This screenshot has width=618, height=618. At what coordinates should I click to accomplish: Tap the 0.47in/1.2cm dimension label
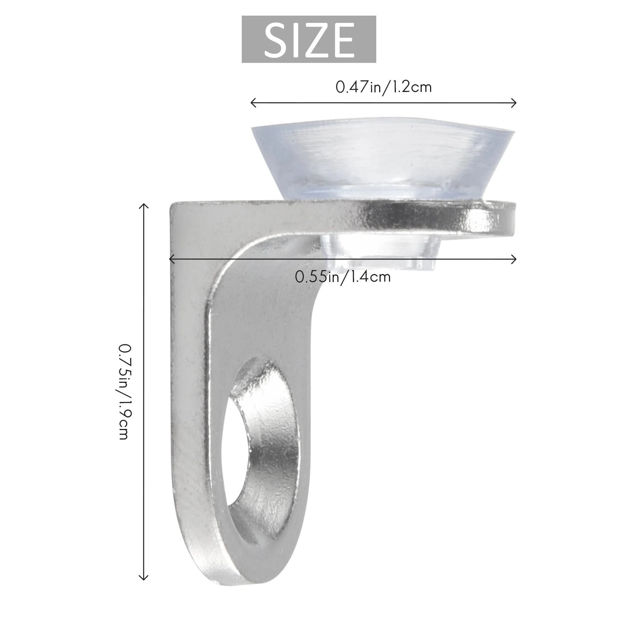(384, 88)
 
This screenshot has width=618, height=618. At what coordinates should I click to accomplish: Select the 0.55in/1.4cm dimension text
(342, 277)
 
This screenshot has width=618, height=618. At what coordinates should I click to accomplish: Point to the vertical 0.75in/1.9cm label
(124, 391)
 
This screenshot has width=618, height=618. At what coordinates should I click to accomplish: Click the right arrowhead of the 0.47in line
(515, 103)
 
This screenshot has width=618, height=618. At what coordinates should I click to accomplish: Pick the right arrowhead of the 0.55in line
(515, 259)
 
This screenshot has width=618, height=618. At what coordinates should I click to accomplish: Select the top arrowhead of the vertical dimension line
(144, 206)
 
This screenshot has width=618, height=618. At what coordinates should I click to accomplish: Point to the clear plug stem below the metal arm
(382, 251)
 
